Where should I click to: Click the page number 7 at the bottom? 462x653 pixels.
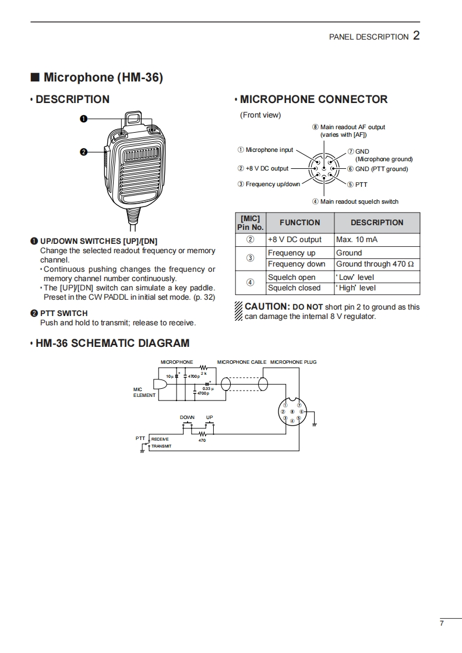(x=442, y=623)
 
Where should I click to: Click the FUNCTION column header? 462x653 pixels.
(x=299, y=222)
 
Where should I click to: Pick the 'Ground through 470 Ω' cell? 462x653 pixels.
(x=375, y=264)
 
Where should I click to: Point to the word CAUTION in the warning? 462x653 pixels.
(x=266, y=306)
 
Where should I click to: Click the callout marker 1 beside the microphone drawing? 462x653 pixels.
(x=83, y=119)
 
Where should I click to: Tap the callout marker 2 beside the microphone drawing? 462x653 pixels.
(x=83, y=152)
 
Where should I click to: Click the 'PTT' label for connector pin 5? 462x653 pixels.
(x=361, y=184)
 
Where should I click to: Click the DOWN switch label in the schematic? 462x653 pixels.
(x=187, y=417)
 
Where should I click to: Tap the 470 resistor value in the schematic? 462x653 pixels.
(x=202, y=441)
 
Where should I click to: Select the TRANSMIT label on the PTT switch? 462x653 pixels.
(x=161, y=446)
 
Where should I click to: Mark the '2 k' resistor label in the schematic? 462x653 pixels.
(x=204, y=373)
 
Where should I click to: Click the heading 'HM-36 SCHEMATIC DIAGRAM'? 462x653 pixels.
(x=112, y=343)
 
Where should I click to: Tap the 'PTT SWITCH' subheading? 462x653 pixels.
(x=64, y=313)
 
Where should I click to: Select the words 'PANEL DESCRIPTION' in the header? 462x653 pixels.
(x=369, y=37)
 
